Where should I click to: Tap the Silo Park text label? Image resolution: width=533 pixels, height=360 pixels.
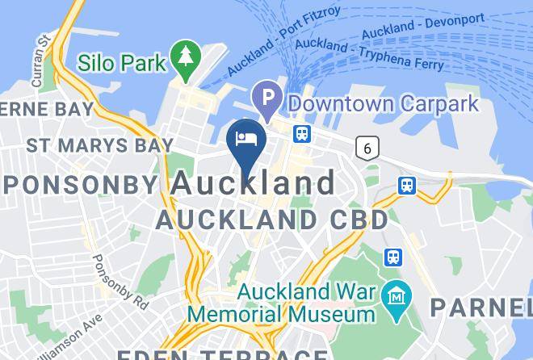point(123,62)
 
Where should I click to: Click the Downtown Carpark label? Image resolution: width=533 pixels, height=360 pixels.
point(384,103)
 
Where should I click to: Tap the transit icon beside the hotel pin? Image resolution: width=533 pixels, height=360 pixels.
point(303,133)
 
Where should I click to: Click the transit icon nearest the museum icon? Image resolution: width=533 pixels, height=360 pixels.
point(393,257)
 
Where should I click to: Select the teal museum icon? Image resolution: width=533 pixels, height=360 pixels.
point(397,294)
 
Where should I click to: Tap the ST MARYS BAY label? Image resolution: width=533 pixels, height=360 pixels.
point(99,146)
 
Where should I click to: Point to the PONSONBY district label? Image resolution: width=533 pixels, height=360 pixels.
point(82,184)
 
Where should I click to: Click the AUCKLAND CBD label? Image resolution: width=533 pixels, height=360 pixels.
point(272,219)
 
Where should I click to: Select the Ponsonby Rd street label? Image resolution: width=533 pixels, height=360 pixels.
point(119,282)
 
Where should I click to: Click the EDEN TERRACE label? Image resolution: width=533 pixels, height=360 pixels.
point(222,354)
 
